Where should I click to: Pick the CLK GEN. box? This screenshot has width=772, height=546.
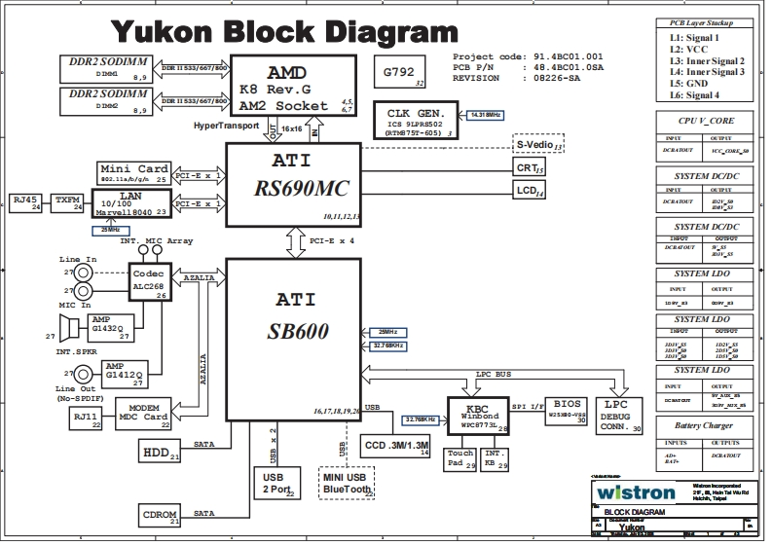point(417,120)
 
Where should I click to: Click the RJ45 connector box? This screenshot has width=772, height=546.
point(24,202)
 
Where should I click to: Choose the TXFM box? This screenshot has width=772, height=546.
point(67,202)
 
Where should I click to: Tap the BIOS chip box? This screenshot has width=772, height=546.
point(568,408)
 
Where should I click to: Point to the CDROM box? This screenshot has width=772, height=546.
point(161,516)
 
